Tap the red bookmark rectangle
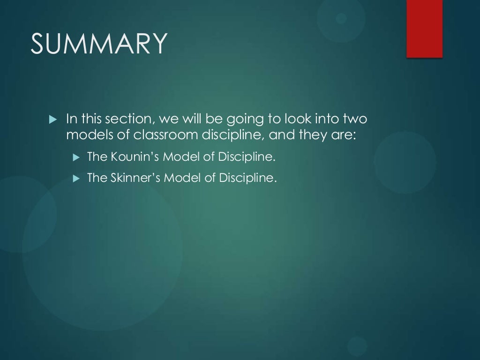coord(424,29)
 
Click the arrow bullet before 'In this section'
coord(52,119)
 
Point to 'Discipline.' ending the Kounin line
coord(246,157)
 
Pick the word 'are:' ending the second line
coord(342,135)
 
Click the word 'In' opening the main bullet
coord(71,119)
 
